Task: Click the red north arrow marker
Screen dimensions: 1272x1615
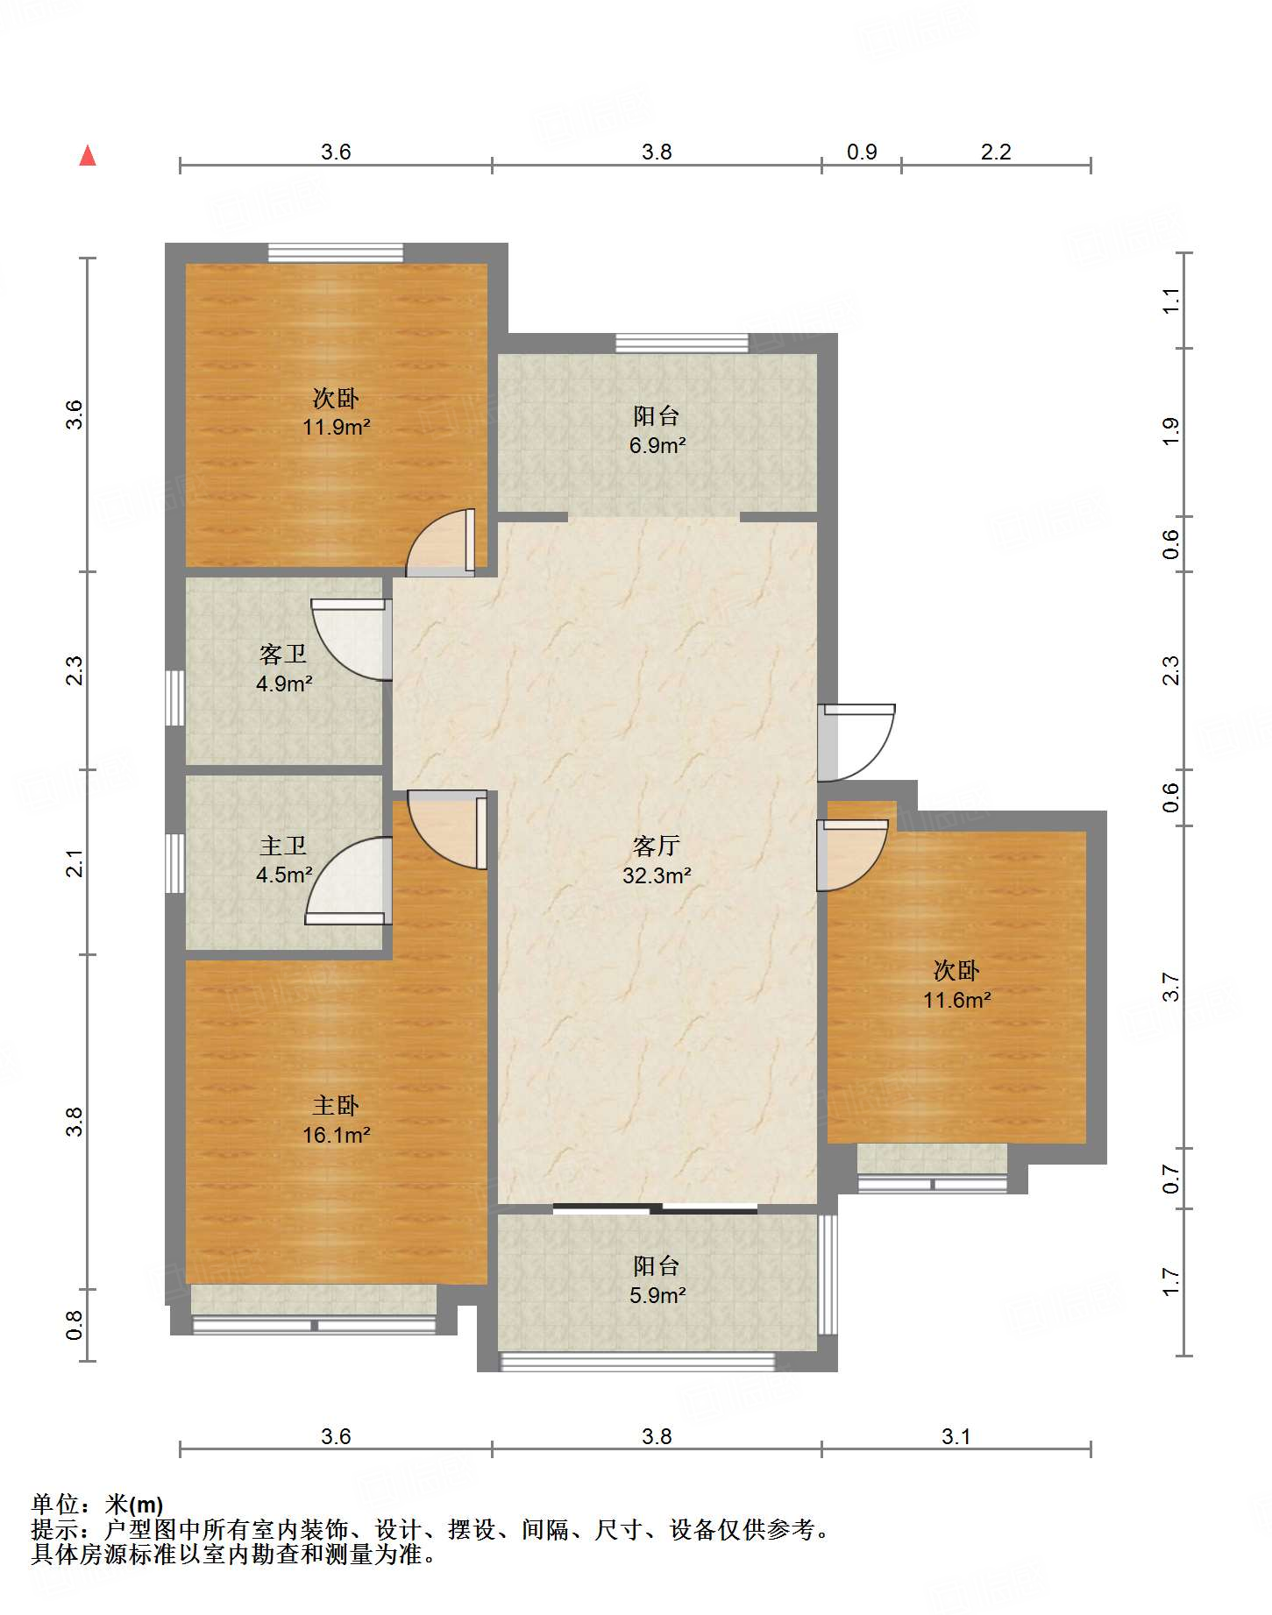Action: (88, 156)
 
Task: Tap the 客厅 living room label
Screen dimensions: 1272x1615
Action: (656, 846)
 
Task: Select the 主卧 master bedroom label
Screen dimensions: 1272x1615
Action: (336, 1106)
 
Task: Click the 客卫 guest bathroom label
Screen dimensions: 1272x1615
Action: (283, 654)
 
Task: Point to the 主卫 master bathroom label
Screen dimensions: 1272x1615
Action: (283, 846)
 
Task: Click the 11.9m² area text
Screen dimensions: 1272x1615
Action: (337, 428)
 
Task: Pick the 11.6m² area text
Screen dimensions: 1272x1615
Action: (956, 1000)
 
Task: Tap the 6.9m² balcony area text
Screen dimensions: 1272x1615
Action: (657, 445)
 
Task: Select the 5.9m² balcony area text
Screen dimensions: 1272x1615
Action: (657, 1295)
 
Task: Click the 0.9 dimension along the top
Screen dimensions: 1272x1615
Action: (862, 152)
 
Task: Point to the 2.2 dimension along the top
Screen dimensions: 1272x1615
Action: (996, 152)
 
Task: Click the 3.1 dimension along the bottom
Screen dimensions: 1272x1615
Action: (956, 1436)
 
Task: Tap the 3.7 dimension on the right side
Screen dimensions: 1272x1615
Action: (1171, 988)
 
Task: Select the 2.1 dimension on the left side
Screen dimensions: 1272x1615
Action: (75, 863)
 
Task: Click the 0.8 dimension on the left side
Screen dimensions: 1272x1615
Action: (75, 1325)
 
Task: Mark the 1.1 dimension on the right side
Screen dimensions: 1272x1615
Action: (1171, 301)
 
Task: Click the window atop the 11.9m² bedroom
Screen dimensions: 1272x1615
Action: (336, 253)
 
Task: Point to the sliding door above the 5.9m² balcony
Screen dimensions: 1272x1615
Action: (655, 1209)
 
